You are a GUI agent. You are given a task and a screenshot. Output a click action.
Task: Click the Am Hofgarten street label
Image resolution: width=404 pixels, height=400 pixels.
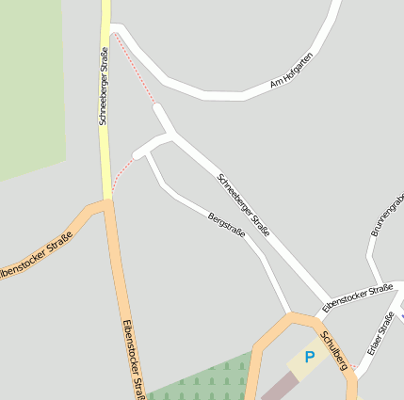[x=292, y=71]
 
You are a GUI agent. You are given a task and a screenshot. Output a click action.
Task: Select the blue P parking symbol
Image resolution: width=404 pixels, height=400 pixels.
[x=309, y=358]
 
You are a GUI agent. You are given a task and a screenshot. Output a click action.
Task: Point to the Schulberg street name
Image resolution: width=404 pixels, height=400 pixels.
[x=334, y=350]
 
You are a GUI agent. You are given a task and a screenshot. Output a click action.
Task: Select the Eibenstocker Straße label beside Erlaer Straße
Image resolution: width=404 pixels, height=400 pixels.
[x=357, y=298]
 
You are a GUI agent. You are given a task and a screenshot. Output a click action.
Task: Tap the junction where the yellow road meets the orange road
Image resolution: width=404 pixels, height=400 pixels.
[x=106, y=200]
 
